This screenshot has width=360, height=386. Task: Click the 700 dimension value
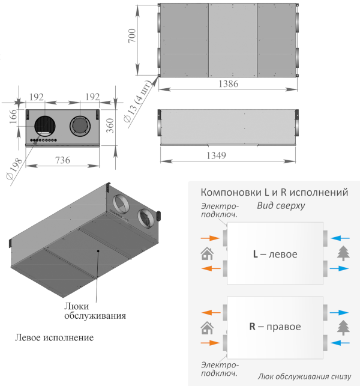(132, 35)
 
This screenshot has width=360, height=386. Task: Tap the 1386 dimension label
(229, 84)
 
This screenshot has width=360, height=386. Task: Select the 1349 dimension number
(216, 155)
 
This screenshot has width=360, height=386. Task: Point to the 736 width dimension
(62, 160)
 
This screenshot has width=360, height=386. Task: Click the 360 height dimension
(110, 125)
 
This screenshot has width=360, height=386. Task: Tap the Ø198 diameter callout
(14, 169)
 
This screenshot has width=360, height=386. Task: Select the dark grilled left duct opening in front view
(45, 126)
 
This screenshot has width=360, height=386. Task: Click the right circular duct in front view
(80, 126)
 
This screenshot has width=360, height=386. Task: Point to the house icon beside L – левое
(207, 253)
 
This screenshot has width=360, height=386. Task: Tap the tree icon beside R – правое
(343, 328)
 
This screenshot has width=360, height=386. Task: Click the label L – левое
(275, 254)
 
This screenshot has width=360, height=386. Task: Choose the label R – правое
(275, 327)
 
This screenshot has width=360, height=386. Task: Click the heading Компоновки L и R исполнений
(274, 192)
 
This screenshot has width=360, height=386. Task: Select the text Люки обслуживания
(95, 311)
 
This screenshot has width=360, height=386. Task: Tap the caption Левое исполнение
(55, 337)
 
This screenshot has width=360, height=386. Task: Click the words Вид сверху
(281, 205)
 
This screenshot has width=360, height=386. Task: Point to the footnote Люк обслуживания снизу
(304, 376)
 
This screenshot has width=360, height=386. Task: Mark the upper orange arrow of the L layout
(210, 238)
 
